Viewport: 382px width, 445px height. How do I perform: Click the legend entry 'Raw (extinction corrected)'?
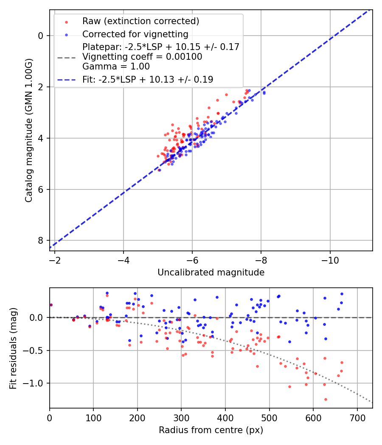click(140, 21)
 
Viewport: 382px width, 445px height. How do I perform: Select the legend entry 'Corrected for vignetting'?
click(135, 34)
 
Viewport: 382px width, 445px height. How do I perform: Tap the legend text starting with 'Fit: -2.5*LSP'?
click(148, 79)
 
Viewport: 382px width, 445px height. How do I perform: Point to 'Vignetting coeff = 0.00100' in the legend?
click(142, 57)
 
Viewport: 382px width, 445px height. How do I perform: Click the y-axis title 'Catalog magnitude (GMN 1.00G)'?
click(28, 130)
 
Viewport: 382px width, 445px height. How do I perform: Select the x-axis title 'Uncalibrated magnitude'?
click(211, 273)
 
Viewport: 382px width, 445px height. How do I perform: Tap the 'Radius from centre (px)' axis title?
click(211, 430)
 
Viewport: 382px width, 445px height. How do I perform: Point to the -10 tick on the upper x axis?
click(330, 258)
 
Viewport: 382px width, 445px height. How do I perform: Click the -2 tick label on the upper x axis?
click(55, 258)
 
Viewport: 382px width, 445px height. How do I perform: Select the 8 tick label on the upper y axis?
click(41, 241)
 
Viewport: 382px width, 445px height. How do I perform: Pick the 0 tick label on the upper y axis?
click(41, 36)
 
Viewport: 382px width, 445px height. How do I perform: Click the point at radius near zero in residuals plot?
click(51, 305)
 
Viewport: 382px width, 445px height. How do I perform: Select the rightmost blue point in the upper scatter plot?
click(264, 92)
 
